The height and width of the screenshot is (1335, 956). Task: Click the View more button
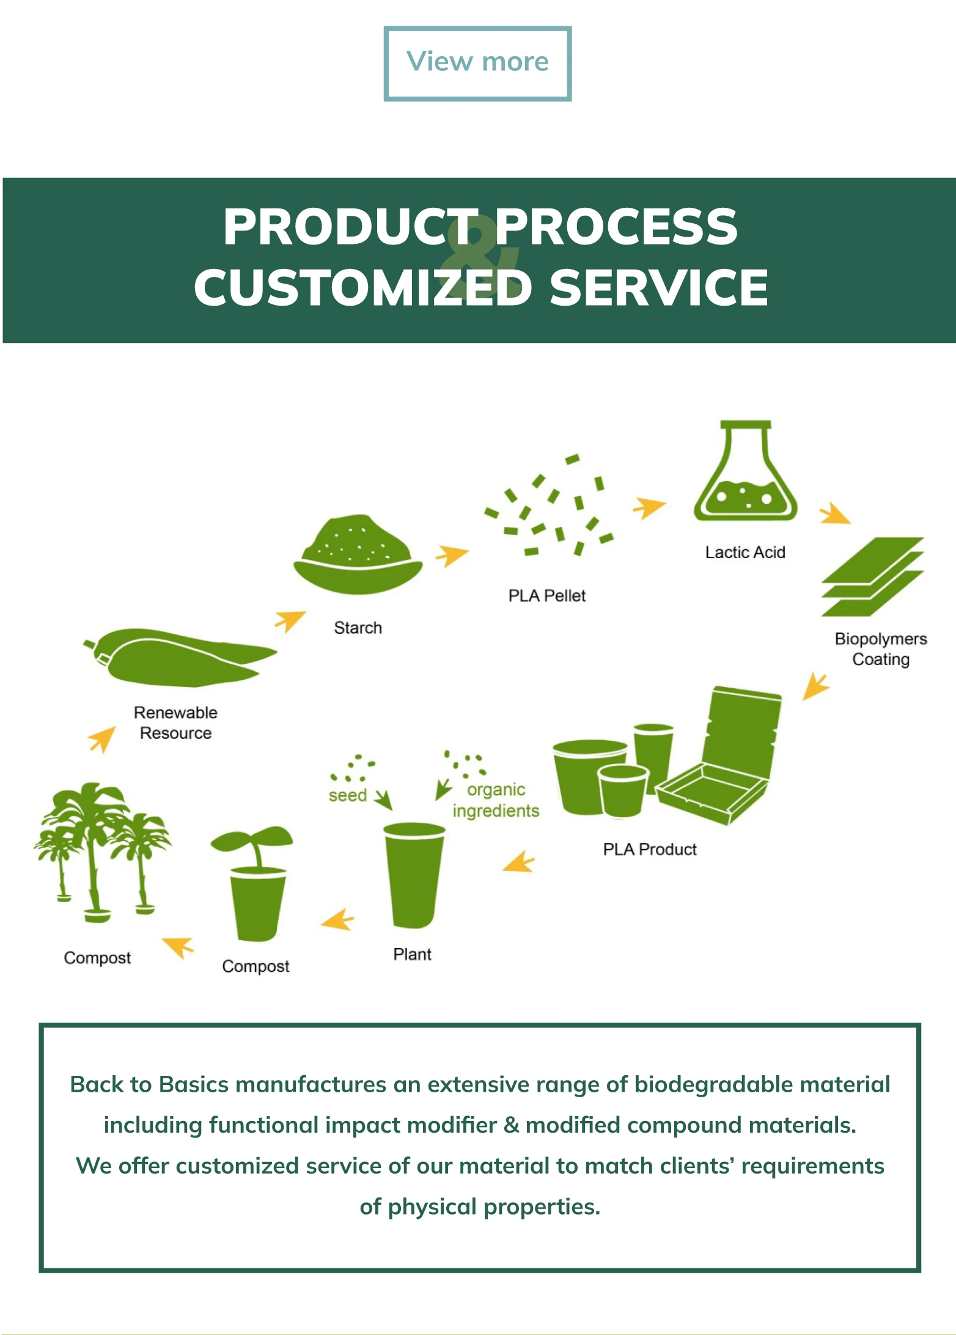click(477, 63)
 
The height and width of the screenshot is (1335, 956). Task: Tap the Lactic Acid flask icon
click(745, 477)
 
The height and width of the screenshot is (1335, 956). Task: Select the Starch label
click(358, 628)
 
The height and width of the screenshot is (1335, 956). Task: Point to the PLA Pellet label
click(546, 595)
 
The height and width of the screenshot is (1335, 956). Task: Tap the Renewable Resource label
click(175, 723)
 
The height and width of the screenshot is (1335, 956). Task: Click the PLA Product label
click(650, 849)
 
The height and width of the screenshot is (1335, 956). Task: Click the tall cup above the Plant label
click(413, 874)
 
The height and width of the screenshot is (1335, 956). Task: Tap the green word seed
click(347, 795)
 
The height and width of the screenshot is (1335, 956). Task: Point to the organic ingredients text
click(496, 800)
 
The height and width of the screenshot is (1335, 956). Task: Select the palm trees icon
click(101, 850)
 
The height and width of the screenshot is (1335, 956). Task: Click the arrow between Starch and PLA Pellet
click(451, 554)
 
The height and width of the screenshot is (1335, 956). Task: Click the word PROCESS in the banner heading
click(616, 227)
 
